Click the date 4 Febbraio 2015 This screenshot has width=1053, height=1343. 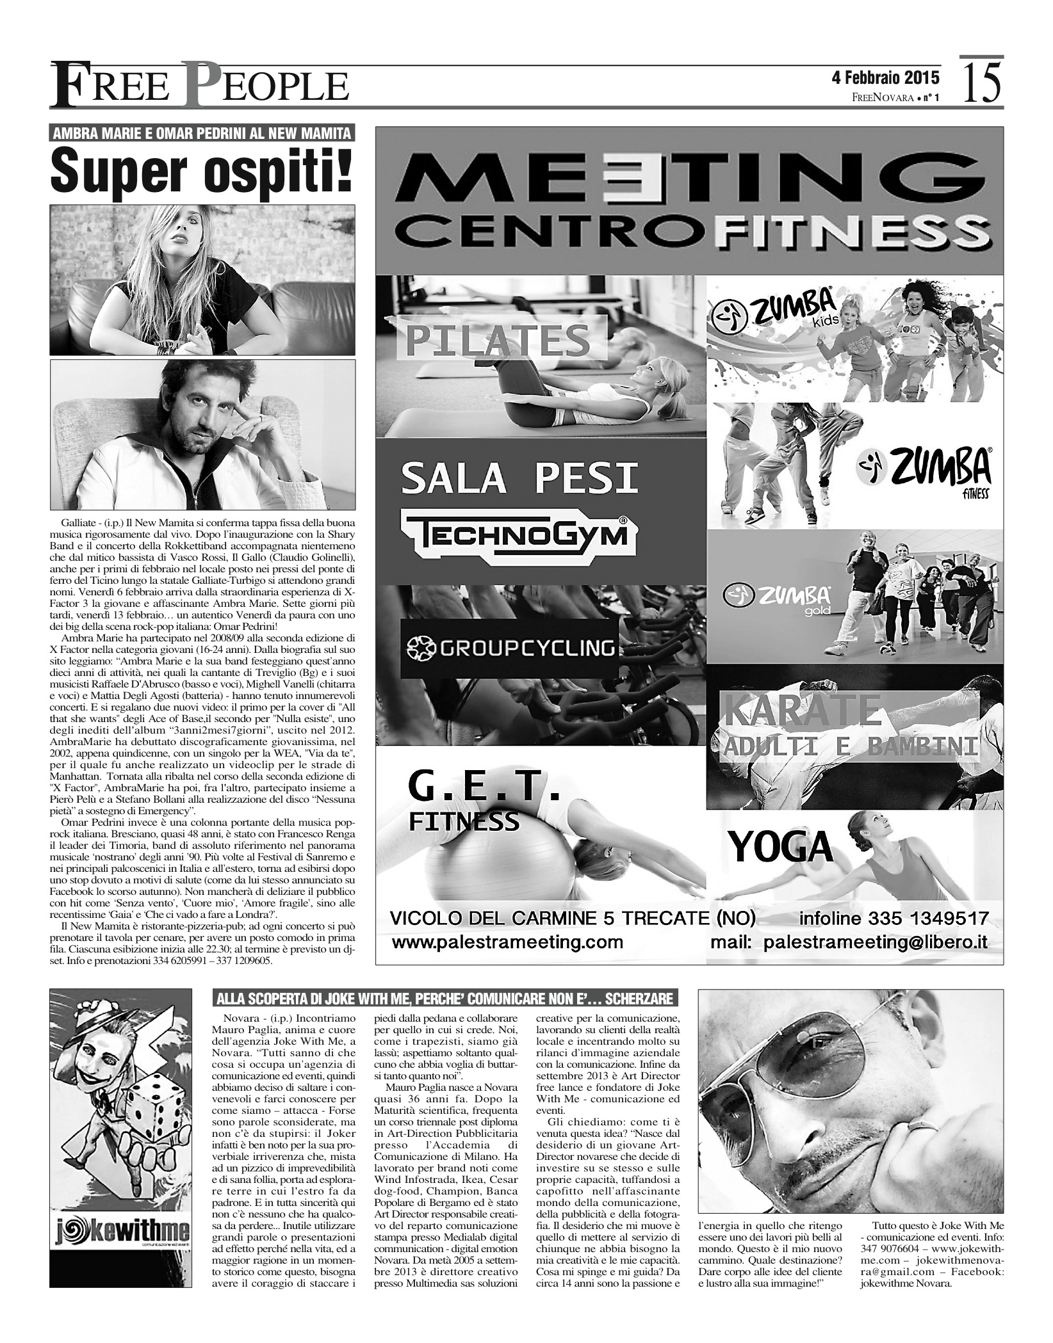click(x=885, y=78)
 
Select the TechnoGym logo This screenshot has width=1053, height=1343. click(x=519, y=533)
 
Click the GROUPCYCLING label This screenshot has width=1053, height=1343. click(x=509, y=648)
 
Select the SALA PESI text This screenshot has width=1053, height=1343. click(x=519, y=478)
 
